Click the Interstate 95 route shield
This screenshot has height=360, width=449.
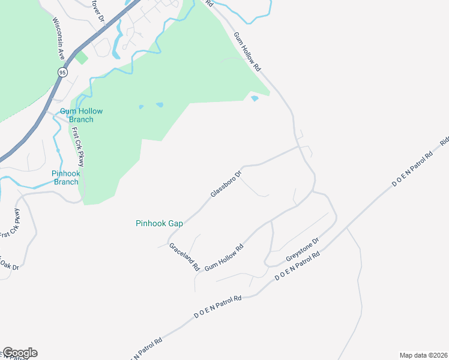[x=62, y=72]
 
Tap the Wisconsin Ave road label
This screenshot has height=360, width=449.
[x=58, y=37]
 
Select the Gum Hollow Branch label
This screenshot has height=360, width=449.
[x=81, y=115]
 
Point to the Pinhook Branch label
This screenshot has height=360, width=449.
[x=66, y=178]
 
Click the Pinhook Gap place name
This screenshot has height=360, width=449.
[x=158, y=223]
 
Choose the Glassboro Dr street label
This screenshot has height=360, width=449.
[x=226, y=184]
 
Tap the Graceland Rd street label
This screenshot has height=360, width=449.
[x=184, y=257]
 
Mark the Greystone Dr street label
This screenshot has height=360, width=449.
[x=303, y=249]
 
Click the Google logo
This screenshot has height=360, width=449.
[x=20, y=353]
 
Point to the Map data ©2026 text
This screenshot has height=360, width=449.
[x=423, y=355]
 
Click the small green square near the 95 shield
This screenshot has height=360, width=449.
[x=82, y=58]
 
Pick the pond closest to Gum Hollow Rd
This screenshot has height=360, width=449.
[x=254, y=98]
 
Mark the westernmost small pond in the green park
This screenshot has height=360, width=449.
[x=141, y=107]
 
